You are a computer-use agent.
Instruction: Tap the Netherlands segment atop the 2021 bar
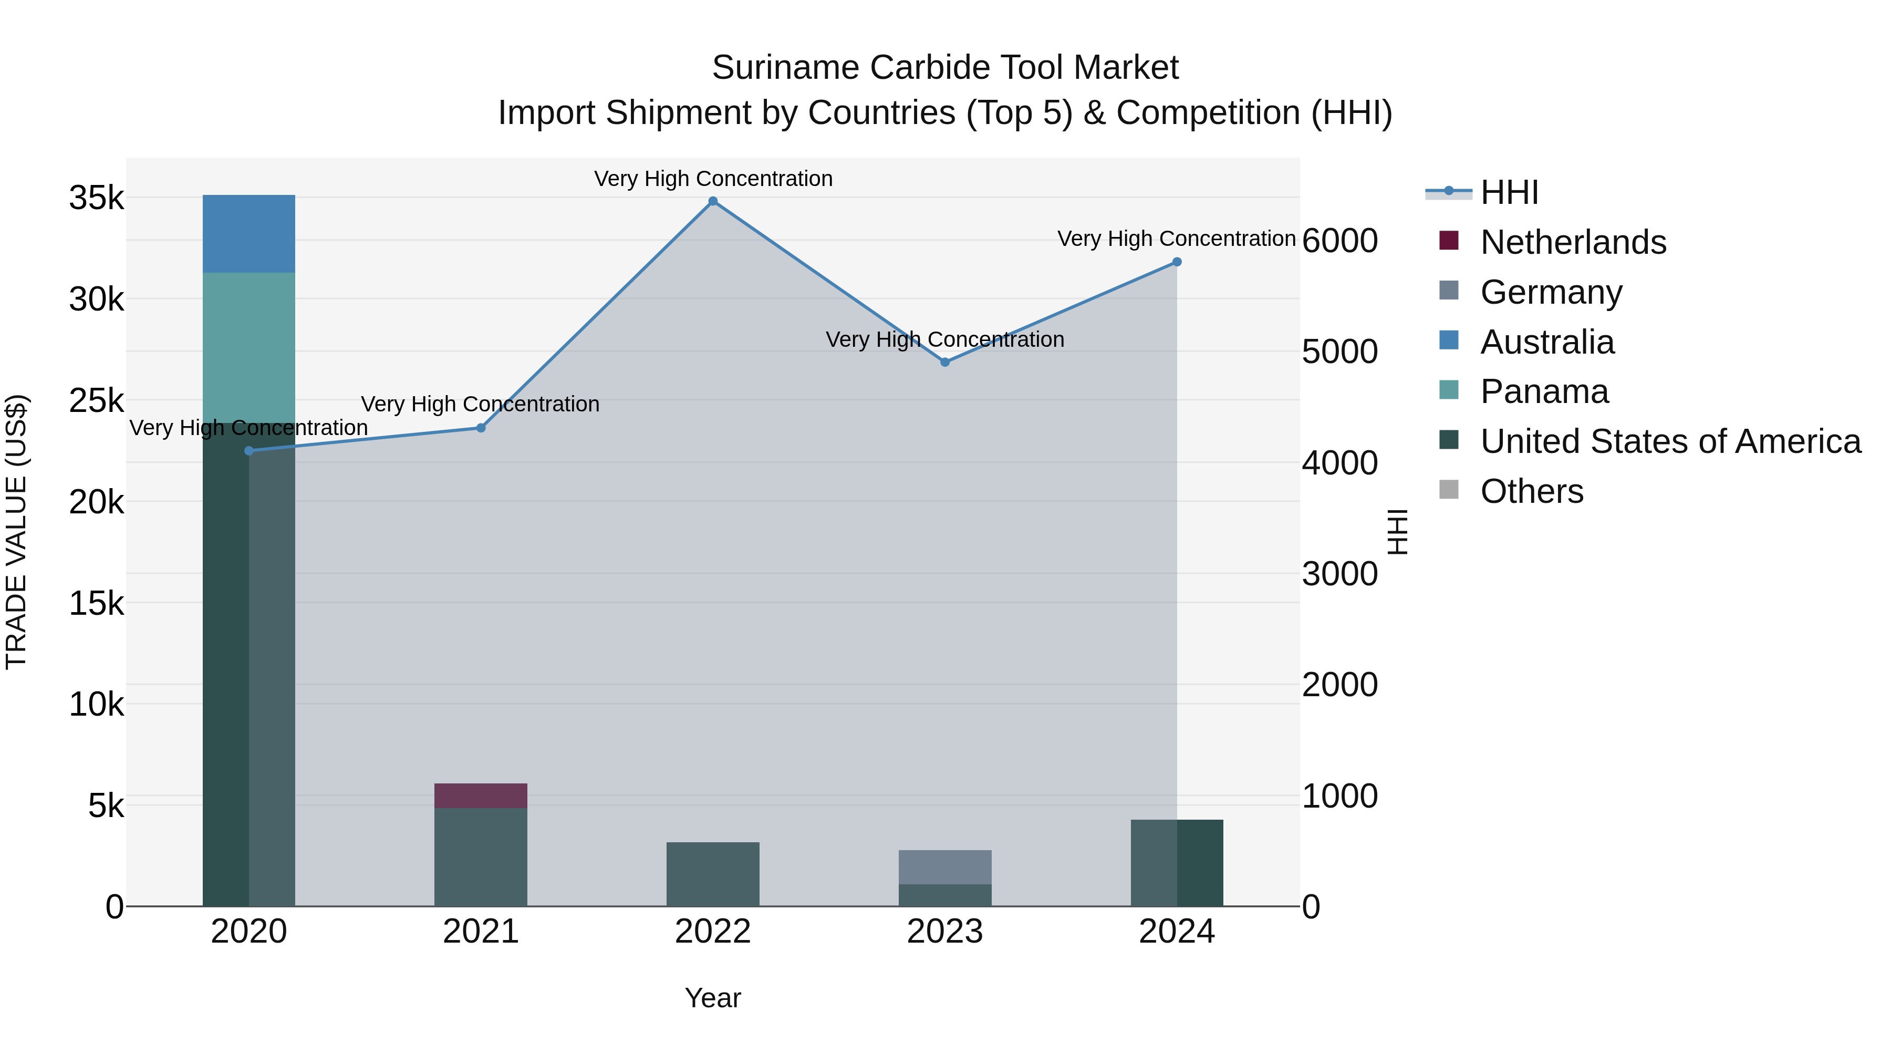(480, 796)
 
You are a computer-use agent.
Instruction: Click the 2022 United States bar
(712, 874)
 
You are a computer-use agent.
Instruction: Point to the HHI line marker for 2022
(712, 201)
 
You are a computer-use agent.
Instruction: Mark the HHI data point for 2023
(945, 362)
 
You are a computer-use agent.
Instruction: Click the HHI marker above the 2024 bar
(1177, 262)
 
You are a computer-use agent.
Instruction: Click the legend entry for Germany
(1551, 292)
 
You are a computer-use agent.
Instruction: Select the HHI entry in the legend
(1509, 192)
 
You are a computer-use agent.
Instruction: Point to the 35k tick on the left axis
(96, 198)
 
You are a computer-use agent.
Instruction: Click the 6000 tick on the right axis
(1339, 241)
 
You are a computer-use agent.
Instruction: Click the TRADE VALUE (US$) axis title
(16, 532)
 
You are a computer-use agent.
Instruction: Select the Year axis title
(712, 998)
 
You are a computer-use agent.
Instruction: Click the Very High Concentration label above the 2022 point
(713, 179)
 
